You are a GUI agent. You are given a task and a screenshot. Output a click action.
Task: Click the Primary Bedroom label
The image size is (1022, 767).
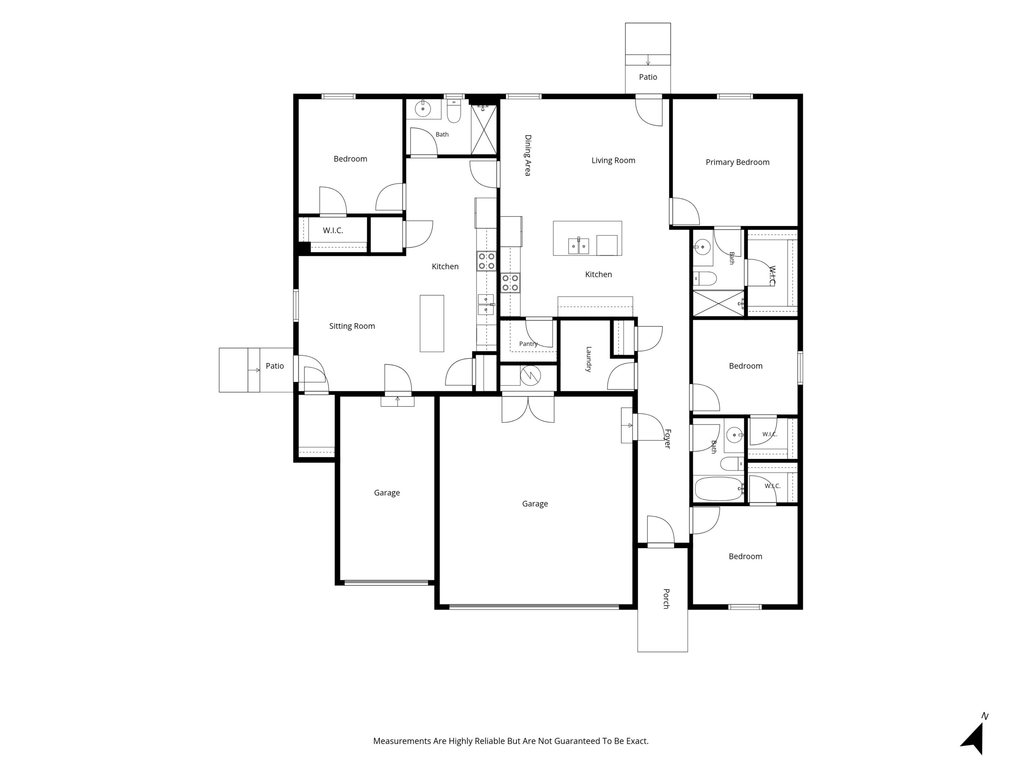click(737, 162)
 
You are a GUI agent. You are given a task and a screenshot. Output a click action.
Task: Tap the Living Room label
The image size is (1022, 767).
click(613, 161)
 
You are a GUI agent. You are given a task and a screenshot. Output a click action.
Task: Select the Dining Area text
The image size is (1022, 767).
click(528, 155)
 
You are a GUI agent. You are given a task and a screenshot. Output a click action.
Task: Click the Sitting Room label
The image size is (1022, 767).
click(352, 326)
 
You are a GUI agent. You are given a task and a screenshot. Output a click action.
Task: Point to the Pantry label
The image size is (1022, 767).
click(528, 344)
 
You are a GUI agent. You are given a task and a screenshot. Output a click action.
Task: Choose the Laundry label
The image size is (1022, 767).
click(588, 359)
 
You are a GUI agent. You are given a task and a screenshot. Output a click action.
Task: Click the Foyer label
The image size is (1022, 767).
click(667, 439)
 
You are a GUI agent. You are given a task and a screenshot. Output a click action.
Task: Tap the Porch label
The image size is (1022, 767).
click(666, 599)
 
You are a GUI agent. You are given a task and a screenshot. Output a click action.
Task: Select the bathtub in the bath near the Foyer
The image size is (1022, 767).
click(719, 489)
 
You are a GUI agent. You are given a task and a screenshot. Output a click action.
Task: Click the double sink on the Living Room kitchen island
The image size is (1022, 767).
click(578, 246)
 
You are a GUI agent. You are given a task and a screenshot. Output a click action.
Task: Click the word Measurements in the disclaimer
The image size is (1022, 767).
click(402, 741)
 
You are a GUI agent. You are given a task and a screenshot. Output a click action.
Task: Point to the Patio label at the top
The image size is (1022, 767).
click(648, 77)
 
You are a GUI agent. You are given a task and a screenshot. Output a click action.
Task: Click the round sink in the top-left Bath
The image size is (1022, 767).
click(423, 109)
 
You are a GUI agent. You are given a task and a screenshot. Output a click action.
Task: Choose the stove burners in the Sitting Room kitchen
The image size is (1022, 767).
click(487, 261)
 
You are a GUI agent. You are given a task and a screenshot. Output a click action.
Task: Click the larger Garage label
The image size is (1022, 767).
click(535, 504)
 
